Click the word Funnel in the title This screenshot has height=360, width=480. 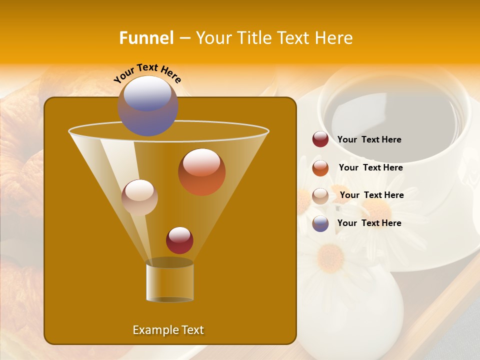point(146,38)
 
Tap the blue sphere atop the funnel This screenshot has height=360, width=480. point(147,106)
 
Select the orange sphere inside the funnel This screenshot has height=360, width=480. point(201,172)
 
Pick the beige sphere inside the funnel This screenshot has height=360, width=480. point(139,197)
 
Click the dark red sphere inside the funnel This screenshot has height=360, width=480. point(179,240)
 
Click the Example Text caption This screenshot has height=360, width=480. point(168,330)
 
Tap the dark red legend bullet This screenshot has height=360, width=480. point(320,139)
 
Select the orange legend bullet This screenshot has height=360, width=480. point(320,168)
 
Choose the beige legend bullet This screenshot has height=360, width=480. point(320,196)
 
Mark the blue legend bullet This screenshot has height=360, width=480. point(320,223)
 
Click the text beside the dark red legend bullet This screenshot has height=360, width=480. point(369,140)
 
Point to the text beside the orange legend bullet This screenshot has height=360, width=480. point(370,168)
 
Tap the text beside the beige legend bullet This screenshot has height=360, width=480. point(371,195)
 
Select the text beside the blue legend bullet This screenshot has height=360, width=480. point(369,223)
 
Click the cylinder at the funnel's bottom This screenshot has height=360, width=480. point(169,281)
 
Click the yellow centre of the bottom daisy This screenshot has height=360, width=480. point(330,257)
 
